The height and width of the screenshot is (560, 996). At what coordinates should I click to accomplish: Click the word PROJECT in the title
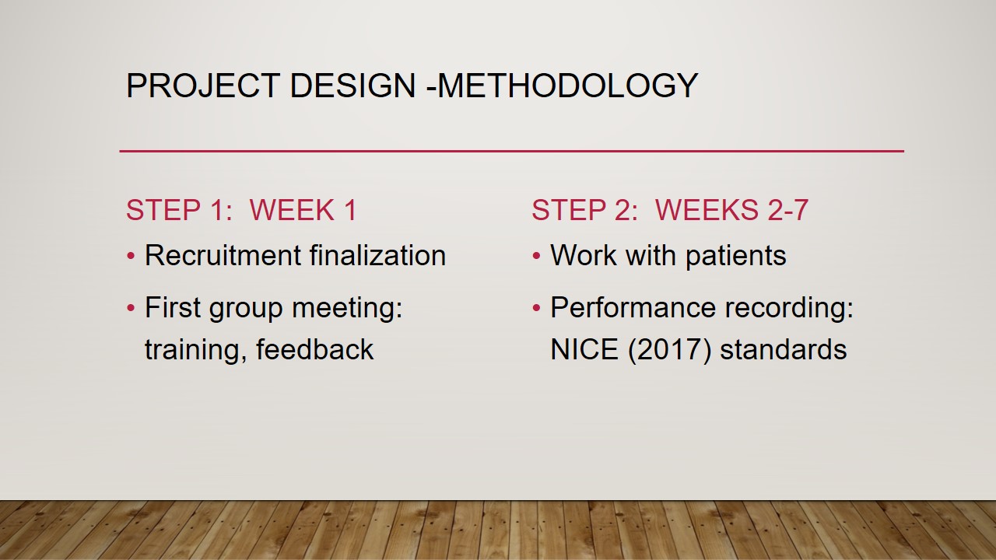tap(203, 86)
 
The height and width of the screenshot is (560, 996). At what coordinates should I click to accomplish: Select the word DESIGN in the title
tap(352, 86)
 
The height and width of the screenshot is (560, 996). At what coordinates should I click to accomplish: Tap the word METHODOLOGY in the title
tap(568, 86)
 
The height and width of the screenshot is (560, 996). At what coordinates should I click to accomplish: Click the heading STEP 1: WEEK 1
tap(241, 210)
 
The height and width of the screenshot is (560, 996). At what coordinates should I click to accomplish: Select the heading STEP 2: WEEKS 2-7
tap(670, 210)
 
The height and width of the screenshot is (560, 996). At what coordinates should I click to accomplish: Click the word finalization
tap(377, 255)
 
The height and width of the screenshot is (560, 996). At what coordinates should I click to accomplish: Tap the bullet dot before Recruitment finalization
tap(131, 256)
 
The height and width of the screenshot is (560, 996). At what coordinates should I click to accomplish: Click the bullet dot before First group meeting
tap(131, 307)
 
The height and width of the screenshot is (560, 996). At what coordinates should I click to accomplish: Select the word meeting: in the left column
tap(347, 307)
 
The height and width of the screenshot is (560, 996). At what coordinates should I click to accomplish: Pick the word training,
tap(196, 349)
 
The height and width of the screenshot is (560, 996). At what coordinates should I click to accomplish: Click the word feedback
tap(315, 348)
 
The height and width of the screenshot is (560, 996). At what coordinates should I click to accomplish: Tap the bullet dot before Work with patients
tap(536, 256)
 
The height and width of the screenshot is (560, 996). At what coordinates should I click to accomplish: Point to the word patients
tap(736, 256)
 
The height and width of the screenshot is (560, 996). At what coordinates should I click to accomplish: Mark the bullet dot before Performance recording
tap(536, 307)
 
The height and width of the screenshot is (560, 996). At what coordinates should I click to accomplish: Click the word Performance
tap(633, 307)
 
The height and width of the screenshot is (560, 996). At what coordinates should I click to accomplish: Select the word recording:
tap(789, 309)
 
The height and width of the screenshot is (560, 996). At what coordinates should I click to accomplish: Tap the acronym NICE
tap(584, 349)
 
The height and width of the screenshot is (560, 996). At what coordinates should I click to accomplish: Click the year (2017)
tap(670, 350)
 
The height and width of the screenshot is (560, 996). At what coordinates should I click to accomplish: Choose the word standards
tap(784, 349)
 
